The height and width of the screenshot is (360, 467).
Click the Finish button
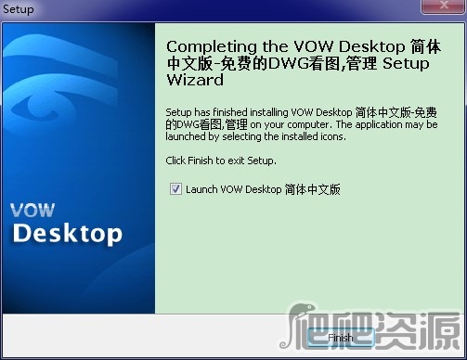click(x=341, y=338)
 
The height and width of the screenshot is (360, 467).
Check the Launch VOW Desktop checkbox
click(x=175, y=188)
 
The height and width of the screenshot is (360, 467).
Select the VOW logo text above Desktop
click(x=33, y=210)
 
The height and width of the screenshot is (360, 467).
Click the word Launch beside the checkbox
click(x=201, y=189)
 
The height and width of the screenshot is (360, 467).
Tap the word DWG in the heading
click(x=263, y=63)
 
